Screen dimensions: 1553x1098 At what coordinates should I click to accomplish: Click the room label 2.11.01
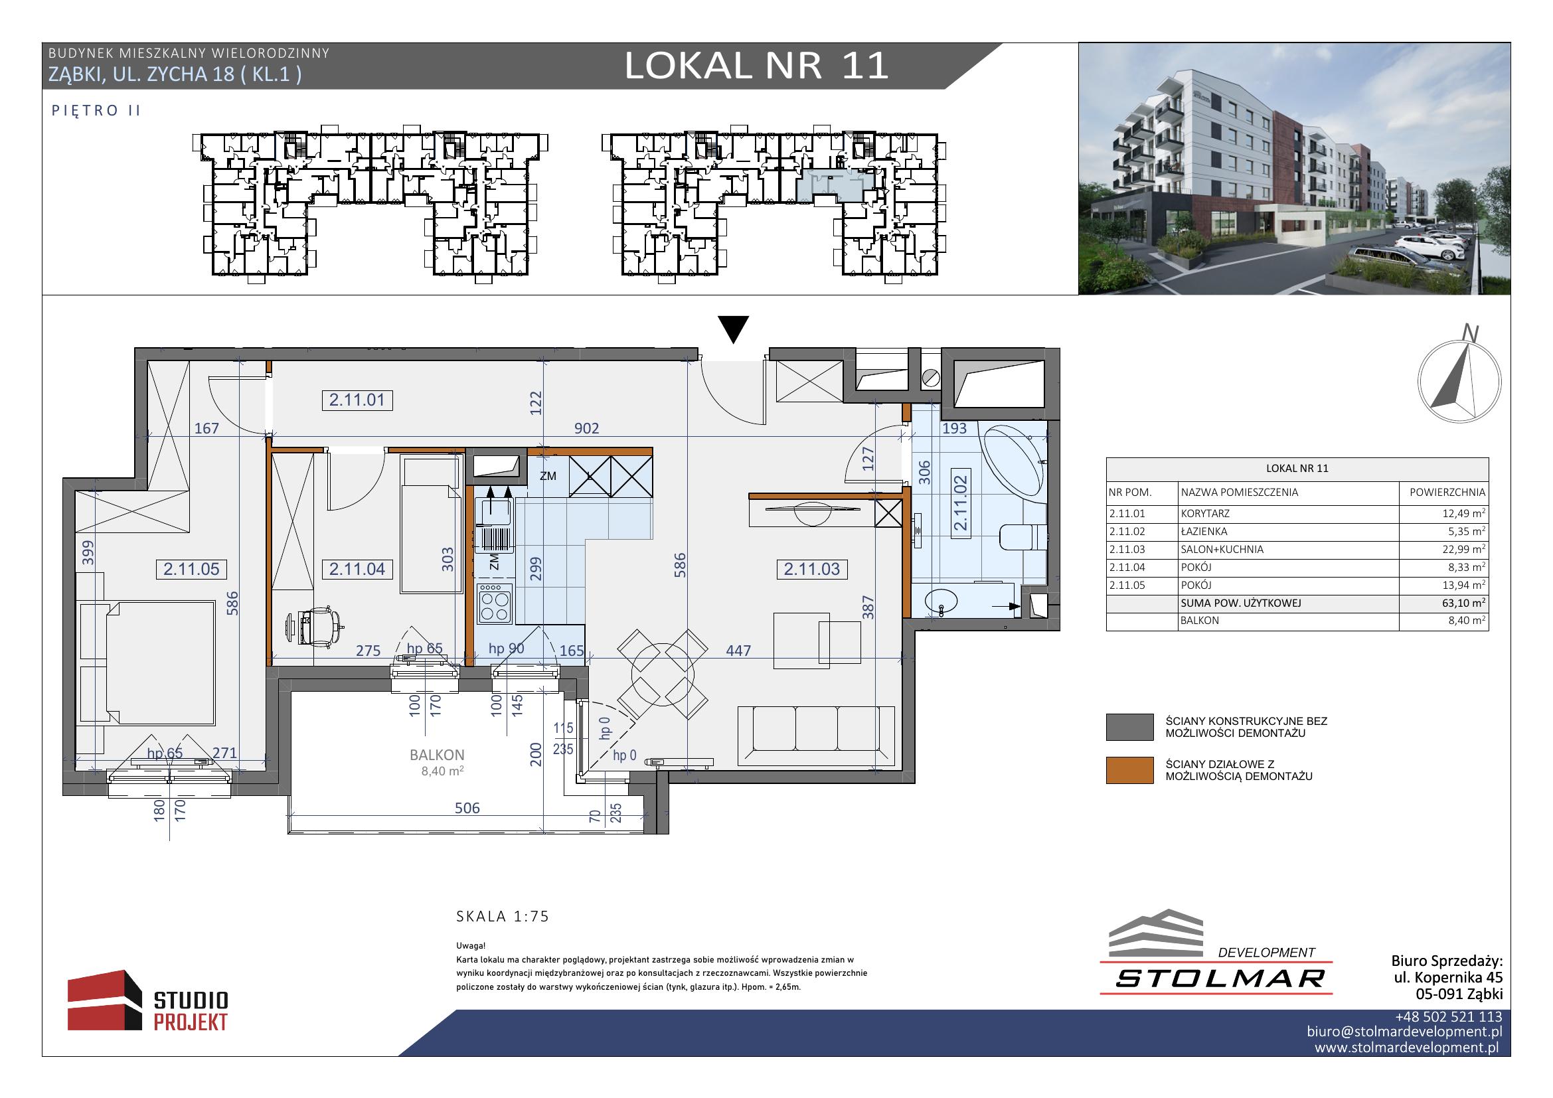coord(357,400)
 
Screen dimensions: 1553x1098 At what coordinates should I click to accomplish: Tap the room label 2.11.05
coord(191,570)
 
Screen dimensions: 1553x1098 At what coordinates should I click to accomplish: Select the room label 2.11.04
coord(357,570)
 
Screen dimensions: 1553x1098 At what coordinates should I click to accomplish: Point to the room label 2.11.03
coord(811,570)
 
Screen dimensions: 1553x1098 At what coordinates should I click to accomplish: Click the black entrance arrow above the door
coord(733,330)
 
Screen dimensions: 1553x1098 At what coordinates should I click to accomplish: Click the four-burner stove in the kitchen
coord(495,603)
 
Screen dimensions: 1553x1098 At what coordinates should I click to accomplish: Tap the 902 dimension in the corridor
coord(586,429)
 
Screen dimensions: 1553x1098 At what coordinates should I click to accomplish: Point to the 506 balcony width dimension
coord(467,808)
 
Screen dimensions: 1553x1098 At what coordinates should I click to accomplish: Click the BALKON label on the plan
coord(437,755)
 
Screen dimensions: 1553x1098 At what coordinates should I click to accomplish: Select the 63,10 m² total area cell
coord(1465,603)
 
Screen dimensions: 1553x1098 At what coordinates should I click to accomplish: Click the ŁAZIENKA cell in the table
coord(1204,532)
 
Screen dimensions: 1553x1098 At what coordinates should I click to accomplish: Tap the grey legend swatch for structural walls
coord(1129,728)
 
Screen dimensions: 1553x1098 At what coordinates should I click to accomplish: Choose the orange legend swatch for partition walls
coord(1129,770)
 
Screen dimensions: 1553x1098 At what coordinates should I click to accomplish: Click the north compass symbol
coord(1459,378)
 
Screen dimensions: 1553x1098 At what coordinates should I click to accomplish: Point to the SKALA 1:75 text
coord(503,917)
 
